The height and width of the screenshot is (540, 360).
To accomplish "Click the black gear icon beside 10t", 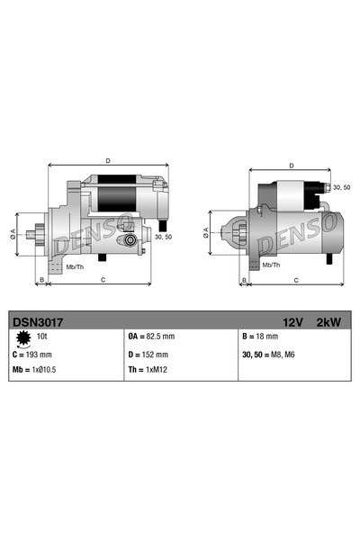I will [x=20, y=337].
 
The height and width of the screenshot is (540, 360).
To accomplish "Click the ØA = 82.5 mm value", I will [x=151, y=337].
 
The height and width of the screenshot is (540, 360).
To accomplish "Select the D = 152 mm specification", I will [x=148, y=354].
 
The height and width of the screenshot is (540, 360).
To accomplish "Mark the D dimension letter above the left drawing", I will [x=108, y=160].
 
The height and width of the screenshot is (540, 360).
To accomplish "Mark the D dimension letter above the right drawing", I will [x=292, y=166].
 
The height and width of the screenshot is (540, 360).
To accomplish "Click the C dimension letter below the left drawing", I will [x=103, y=281].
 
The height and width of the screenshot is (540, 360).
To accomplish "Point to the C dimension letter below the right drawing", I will [x=296, y=281].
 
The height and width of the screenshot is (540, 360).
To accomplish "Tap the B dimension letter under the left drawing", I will [x=40, y=281].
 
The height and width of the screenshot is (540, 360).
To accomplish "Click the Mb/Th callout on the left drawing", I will [x=76, y=266].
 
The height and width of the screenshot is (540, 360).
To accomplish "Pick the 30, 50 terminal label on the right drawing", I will [x=341, y=187].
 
